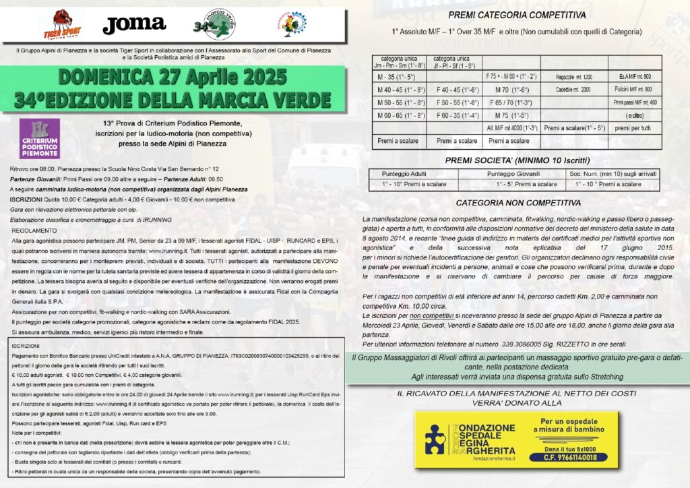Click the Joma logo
point(133,26)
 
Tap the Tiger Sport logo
point(62,26)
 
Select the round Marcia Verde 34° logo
point(214,26)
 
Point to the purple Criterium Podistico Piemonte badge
point(40,138)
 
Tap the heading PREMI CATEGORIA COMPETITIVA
point(517,15)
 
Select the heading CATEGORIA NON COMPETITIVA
point(517,202)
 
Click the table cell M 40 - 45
point(398,90)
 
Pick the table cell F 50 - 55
point(457,102)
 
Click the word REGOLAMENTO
point(34,231)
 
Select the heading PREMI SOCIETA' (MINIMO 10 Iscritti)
point(517,160)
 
